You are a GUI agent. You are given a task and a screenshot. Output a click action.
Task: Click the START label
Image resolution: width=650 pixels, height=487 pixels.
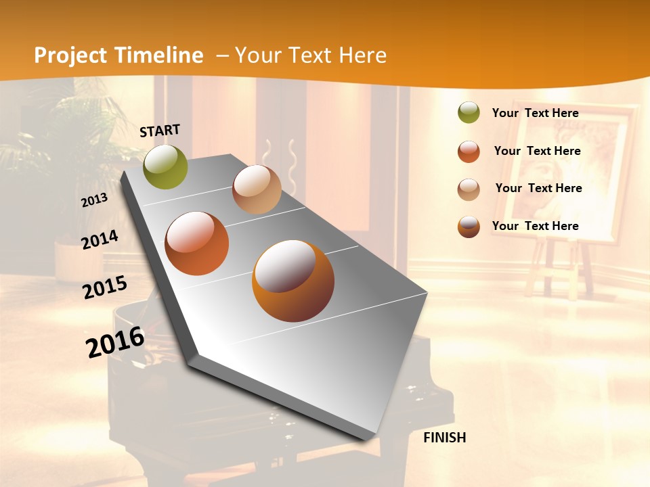click(x=160, y=131)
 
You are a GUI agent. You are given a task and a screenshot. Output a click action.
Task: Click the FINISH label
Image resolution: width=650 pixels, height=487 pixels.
click(x=445, y=438)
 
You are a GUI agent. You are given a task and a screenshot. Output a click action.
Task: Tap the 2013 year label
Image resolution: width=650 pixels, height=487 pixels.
click(x=95, y=200)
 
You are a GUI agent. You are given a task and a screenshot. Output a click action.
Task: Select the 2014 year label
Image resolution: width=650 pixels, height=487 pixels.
click(x=100, y=239)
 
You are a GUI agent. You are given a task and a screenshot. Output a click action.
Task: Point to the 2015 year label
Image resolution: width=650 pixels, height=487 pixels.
click(x=105, y=287)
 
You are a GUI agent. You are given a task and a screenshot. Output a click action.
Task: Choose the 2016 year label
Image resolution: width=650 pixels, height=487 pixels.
click(x=115, y=342)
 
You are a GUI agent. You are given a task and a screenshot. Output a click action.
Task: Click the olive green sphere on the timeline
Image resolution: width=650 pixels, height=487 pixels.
click(x=166, y=166)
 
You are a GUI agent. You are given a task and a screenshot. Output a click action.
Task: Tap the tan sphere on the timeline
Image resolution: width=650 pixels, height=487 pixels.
click(x=257, y=189)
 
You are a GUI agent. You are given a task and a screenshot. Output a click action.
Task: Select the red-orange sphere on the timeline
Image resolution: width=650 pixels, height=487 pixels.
click(x=197, y=243)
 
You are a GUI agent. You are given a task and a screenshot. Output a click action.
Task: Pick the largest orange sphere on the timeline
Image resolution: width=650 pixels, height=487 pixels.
click(x=293, y=281)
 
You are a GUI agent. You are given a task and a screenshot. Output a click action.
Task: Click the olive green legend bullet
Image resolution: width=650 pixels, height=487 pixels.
click(x=469, y=113)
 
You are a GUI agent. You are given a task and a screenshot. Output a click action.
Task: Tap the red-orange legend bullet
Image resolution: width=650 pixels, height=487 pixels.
click(x=469, y=152)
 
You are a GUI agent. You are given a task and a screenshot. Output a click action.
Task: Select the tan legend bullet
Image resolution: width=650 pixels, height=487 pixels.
click(x=469, y=189)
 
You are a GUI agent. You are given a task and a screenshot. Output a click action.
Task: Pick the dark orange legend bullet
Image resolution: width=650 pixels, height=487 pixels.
click(x=469, y=227)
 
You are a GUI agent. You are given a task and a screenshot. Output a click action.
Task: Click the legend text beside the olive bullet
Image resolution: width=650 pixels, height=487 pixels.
click(x=536, y=113)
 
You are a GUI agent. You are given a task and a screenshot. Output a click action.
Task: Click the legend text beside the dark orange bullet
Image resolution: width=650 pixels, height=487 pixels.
click(x=536, y=226)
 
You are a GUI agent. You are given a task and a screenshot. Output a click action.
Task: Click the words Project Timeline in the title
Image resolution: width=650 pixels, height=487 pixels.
click(x=118, y=55)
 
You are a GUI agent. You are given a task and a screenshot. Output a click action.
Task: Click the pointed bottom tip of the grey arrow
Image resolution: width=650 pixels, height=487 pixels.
click(x=366, y=438)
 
